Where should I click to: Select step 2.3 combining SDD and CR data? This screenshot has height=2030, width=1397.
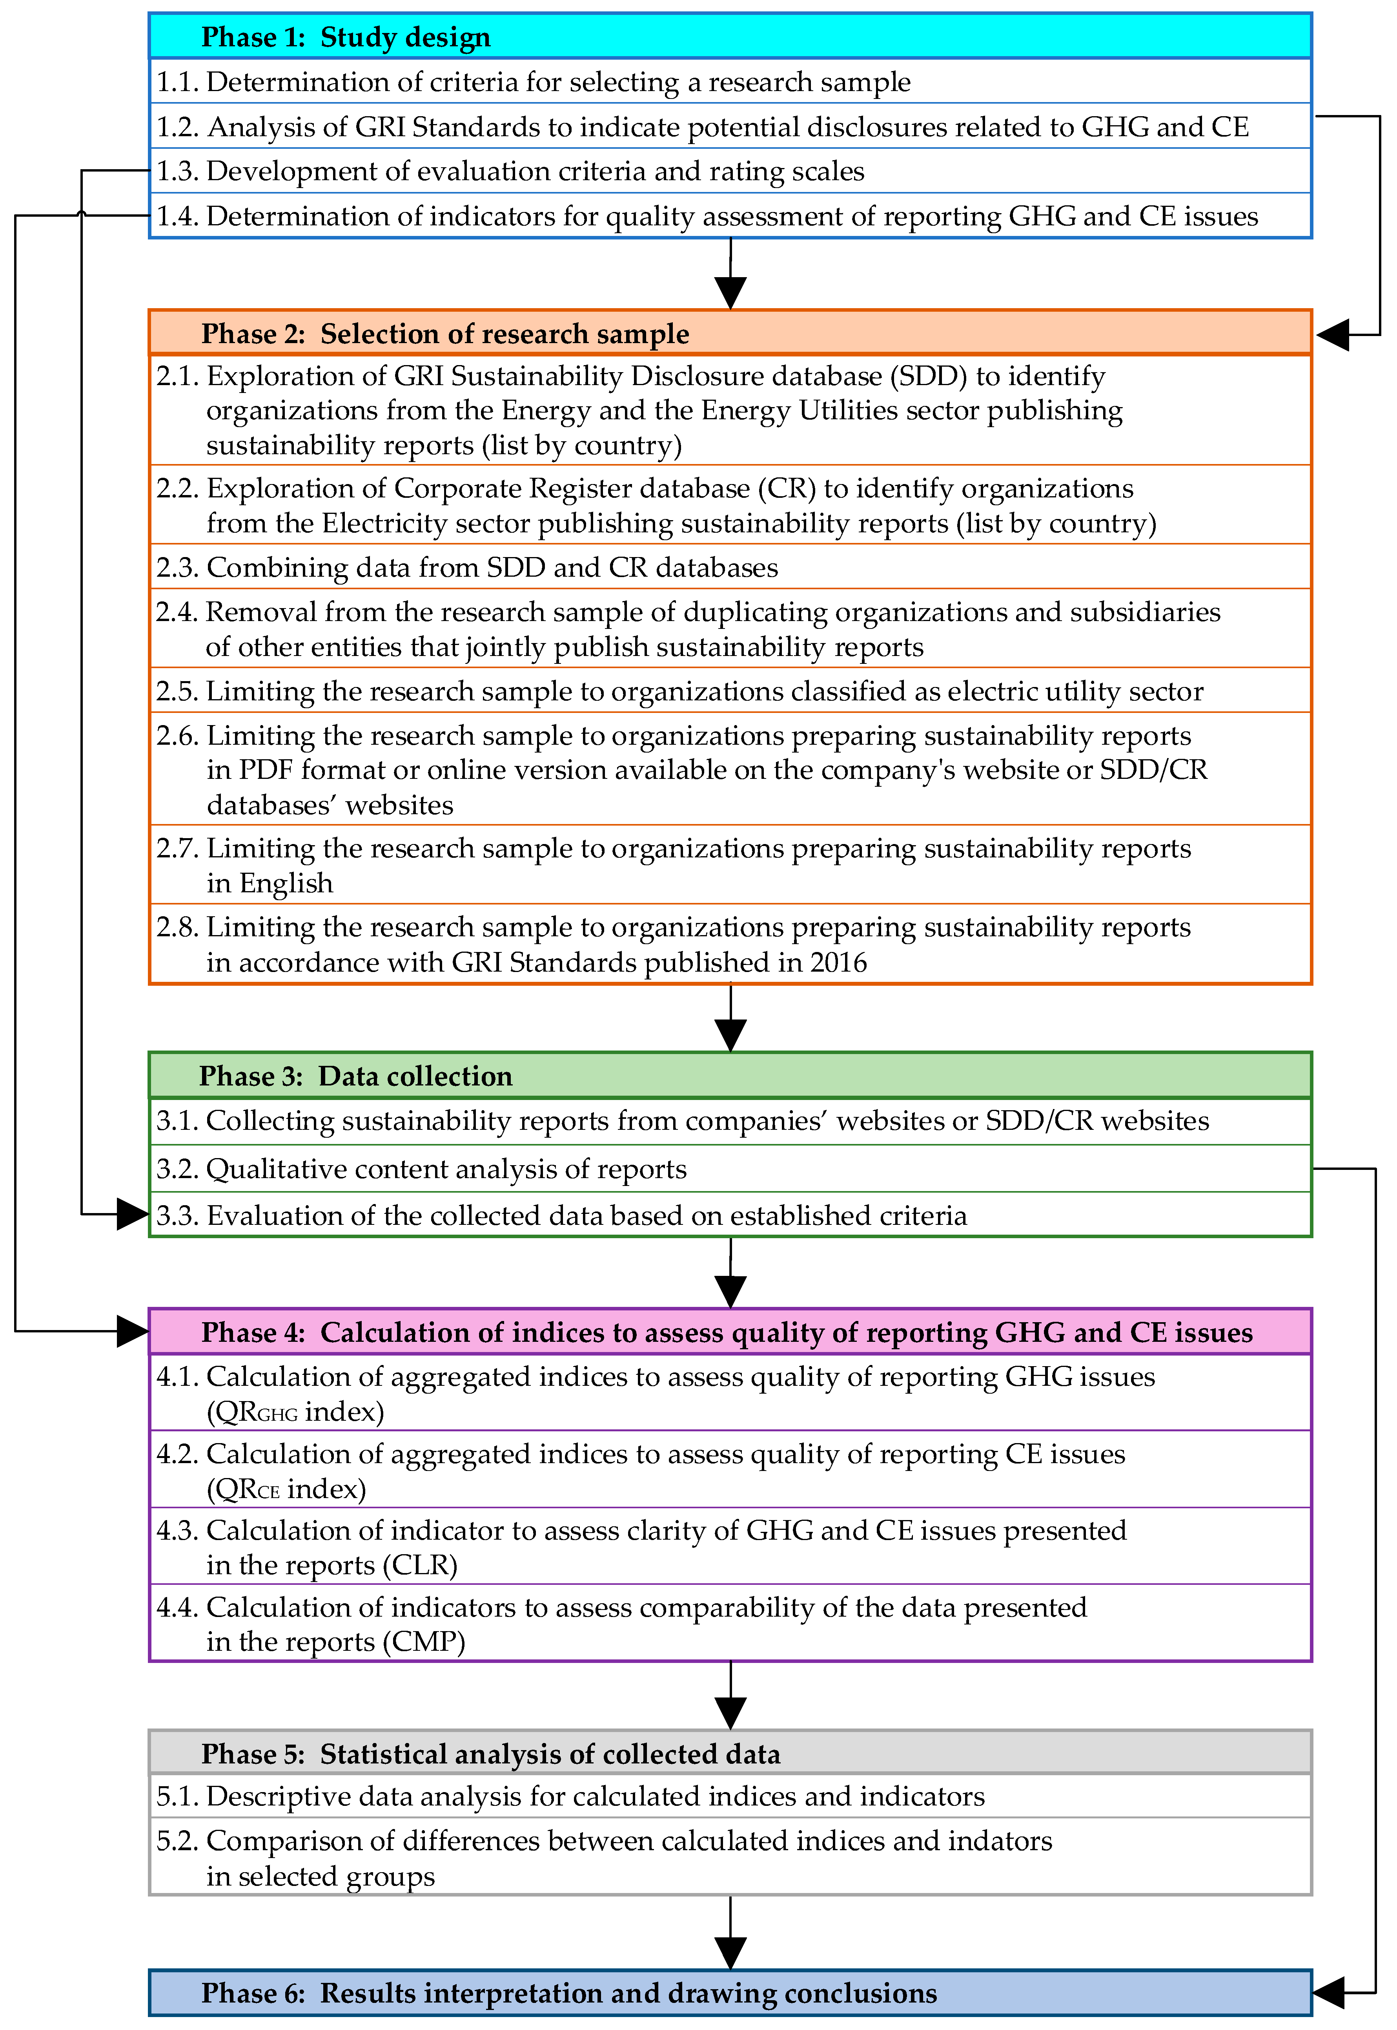point(466,568)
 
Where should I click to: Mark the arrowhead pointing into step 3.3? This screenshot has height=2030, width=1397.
point(133,1215)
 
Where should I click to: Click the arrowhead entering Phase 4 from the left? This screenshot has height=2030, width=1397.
point(133,1332)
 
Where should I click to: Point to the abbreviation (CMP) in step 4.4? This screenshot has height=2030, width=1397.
point(424,1642)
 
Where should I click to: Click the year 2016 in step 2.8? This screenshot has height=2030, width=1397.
point(838,963)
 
